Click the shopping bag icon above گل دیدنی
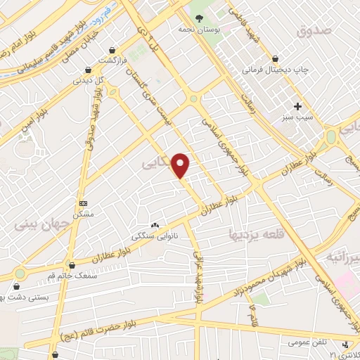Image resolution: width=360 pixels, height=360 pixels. pyautogui.click(x=87, y=70)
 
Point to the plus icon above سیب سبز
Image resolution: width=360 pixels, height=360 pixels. pyautogui.click(x=298, y=107)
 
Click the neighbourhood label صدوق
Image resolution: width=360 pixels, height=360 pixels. pyautogui.click(x=312, y=30)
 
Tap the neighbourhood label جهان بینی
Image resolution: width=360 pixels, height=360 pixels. pyautogui.click(x=44, y=225)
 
